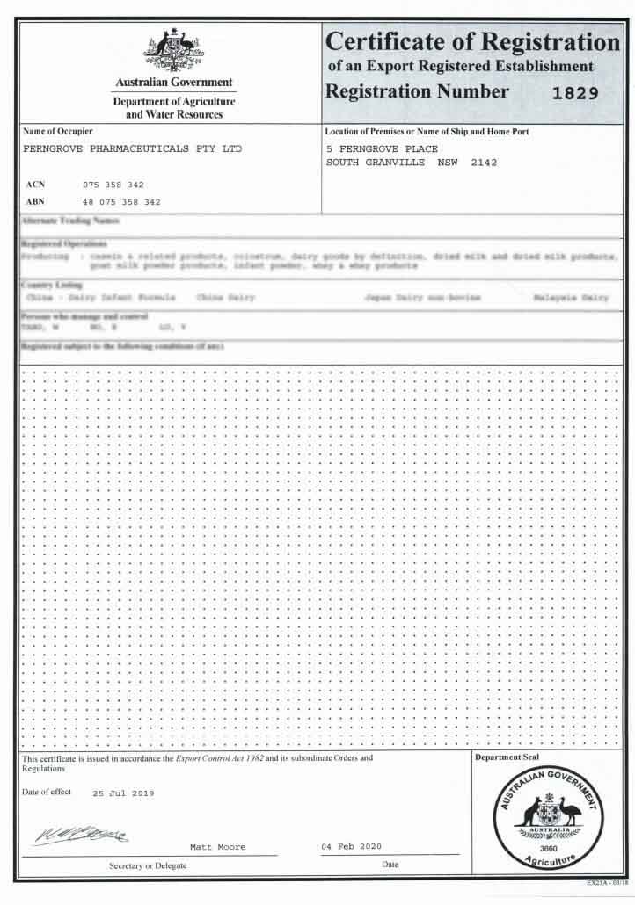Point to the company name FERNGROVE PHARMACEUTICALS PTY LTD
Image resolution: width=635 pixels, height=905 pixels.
click(x=131, y=148)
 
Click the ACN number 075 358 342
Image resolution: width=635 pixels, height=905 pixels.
click(x=113, y=185)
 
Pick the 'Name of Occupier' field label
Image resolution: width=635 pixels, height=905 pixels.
click(x=58, y=131)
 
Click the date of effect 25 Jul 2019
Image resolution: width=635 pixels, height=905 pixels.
click(x=123, y=793)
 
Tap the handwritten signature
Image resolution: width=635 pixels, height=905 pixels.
click(x=81, y=834)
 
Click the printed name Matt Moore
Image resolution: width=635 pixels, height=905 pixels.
click(x=218, y=847)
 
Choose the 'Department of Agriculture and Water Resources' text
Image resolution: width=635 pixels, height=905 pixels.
click(x=174, y=108)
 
